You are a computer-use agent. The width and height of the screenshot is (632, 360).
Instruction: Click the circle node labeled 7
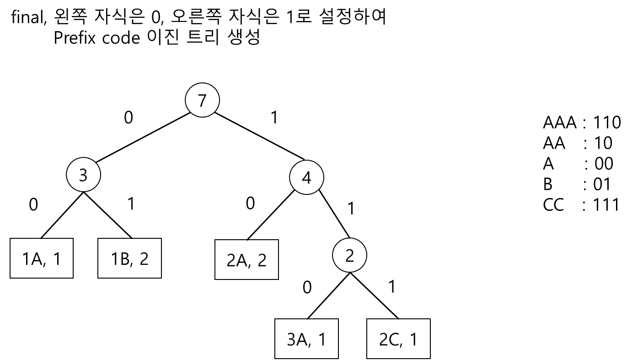coord(202,100)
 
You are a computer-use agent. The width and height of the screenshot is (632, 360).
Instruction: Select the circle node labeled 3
coord(83,175)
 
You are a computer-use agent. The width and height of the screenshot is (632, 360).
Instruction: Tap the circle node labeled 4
coord(306,177)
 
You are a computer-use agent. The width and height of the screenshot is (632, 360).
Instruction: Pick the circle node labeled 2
coord(349,255)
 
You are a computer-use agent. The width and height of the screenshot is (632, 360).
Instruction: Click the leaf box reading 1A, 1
coord(42,258)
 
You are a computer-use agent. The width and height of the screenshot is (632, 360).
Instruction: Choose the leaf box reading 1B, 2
coord(129,258)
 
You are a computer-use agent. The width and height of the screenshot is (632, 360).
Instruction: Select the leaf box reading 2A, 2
coord(246,259)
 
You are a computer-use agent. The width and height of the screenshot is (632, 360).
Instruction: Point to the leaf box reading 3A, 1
coord(306,339)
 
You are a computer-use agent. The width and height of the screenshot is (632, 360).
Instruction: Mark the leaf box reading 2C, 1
coord(398,339)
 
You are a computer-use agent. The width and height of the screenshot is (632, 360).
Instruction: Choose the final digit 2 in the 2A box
coord(262,260)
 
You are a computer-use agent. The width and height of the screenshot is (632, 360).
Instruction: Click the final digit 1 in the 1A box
coord(56,259)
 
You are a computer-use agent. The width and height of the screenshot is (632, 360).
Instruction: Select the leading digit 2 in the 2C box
coord(384,340)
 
